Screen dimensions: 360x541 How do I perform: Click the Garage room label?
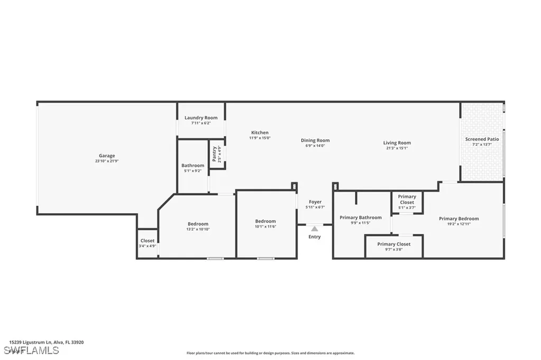point(107,156)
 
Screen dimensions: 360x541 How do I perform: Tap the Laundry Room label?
point(201,118)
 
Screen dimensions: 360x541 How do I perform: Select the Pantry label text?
point(214,154)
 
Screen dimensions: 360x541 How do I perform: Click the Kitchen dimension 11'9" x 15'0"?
point(260,138)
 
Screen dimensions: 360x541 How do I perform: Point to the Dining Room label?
point(315,140)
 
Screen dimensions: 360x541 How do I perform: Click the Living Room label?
point(397,143)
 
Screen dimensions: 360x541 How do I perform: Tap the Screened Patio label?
point(482,139)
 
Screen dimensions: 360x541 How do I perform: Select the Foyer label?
point(315,202)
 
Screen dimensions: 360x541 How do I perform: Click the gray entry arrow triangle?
point(314,229)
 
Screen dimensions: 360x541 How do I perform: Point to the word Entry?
point(314,237)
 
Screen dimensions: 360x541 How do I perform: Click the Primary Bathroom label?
point(360,217)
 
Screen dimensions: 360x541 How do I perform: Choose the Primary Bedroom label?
point(459,219)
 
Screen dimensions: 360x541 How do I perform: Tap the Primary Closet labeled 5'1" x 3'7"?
point(407,200)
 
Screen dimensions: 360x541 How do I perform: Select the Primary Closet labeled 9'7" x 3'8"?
point(394,244)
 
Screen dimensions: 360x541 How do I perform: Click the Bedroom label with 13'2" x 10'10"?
point(198,224)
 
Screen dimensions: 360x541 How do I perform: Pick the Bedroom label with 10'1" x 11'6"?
point(265,221)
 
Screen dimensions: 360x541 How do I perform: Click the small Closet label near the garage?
point(147,241)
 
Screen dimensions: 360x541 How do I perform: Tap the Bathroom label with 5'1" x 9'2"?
point(193,165)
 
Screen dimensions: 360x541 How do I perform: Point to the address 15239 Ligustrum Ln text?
point(46,342)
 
